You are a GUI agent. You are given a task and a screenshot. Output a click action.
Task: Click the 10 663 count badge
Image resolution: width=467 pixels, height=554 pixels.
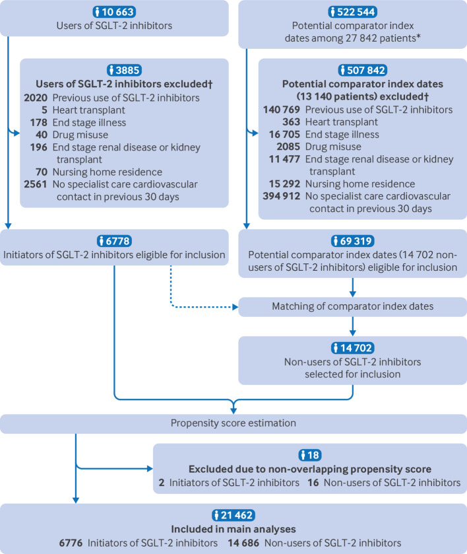click(x=114, y=12)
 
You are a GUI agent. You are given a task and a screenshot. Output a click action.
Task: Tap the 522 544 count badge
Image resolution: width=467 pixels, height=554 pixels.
click(x=352, y=12)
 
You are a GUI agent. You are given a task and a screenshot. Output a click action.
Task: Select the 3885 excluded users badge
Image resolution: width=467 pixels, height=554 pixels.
click(x=124, y=70)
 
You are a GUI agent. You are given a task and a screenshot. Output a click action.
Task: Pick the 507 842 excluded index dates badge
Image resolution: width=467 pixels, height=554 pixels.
click(x=363, y=70)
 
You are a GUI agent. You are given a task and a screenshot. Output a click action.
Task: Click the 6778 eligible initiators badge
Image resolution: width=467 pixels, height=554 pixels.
click(x=114, y=241)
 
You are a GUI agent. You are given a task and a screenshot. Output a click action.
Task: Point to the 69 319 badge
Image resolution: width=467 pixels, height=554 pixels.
click(x=353, y=241)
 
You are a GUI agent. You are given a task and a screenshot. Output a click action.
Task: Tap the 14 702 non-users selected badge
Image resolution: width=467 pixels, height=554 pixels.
click(x=353, y=348)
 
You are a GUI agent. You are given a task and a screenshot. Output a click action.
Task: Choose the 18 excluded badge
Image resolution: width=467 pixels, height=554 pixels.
click(x=310, y=455)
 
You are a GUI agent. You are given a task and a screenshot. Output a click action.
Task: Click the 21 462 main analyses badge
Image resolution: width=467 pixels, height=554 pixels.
click(x=233, y=515)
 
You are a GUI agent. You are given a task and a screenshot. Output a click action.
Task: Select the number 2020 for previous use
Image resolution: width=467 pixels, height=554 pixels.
click(x=36, y=98)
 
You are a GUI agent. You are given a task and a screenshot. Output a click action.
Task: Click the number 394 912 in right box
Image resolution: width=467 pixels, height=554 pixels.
click(x=282, y=196)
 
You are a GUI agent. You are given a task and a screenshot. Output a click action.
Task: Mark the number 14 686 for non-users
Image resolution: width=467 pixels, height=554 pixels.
click(x=243, y=543)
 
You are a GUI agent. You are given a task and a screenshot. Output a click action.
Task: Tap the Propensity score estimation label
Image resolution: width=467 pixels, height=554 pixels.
click(x=233, y=423)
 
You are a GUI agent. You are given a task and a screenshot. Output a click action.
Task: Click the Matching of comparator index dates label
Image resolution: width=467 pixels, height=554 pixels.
click(x=353, y=306)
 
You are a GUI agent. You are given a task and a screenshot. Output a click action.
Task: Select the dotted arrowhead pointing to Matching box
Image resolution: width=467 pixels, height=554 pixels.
click(x=235, y=307)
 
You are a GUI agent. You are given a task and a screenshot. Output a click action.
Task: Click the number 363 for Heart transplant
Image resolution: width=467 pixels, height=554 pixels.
click(x=291, y=122)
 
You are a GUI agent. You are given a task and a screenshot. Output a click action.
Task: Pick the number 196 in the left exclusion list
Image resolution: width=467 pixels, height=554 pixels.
click(x=38, y=147)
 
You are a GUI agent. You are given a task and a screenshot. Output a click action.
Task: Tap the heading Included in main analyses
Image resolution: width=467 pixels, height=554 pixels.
click(x=233, y=530)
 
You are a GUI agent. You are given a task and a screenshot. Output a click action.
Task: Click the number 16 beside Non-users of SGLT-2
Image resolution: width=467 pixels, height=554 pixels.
click(x=313, y=483)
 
